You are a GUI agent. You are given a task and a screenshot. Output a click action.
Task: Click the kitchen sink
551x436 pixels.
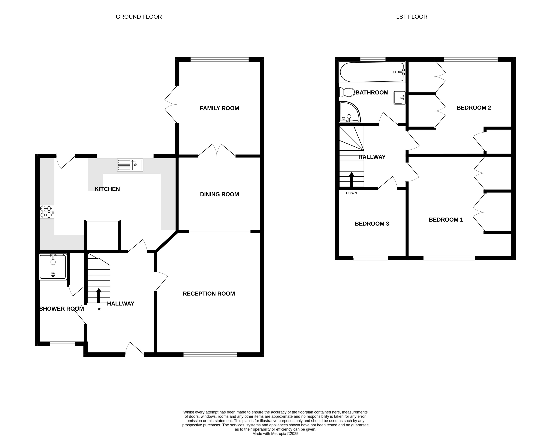coord(130,165)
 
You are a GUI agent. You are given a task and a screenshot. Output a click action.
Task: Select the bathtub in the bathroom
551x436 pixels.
coord(372,72)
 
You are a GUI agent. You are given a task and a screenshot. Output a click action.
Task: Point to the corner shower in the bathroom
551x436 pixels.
coord(350,112)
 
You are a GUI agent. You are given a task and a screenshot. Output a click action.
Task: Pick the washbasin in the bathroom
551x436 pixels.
coord(399,98)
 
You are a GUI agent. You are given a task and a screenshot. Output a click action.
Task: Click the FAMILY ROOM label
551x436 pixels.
coord(219,108)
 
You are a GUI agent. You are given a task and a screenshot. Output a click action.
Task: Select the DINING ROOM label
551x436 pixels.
coord(219,194)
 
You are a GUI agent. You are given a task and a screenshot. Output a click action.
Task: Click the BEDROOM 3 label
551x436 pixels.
coord(372,224)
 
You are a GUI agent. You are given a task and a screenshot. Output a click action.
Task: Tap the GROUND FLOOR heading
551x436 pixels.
coord(139,17)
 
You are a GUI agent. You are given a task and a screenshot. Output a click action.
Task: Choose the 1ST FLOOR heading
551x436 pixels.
coord(412,17)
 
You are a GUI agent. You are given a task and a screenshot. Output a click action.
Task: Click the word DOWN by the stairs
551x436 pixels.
coord(351,193)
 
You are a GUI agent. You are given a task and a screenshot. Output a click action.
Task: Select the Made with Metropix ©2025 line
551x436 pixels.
coord(276,433)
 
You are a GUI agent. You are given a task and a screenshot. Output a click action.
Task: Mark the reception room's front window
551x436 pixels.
coord(210,354)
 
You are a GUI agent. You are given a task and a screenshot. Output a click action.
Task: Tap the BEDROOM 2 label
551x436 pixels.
coord(474,108)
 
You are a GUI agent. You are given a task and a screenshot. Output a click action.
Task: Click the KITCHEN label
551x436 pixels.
coord(107,189)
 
